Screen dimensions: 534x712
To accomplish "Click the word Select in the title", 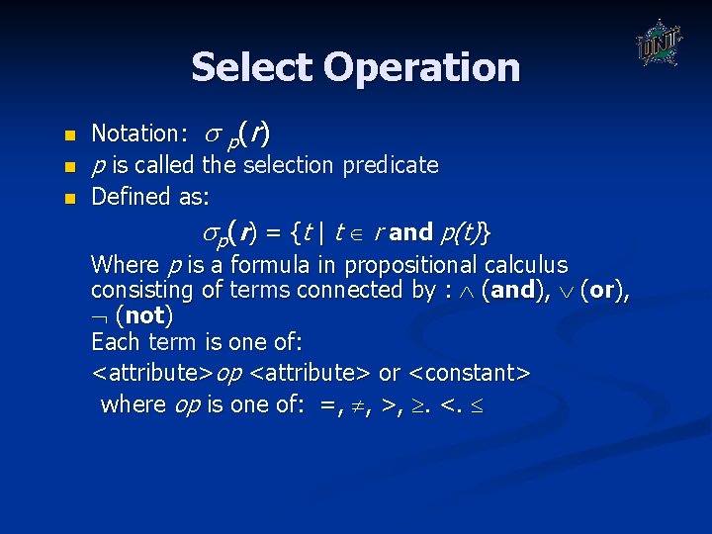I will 251,67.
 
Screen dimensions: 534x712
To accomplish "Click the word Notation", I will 133,133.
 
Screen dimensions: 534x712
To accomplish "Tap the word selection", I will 288,165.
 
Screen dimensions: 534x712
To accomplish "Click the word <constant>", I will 469,374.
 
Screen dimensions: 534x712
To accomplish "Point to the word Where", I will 125,265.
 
